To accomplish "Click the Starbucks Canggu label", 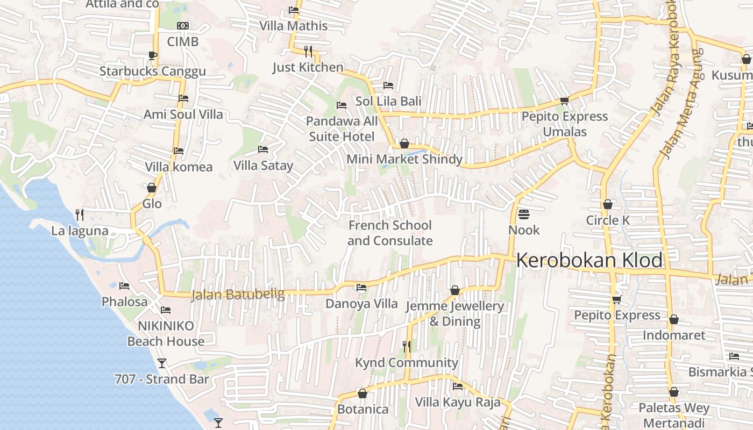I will coord(153,71).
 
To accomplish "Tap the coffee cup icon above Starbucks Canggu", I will coord(153,55).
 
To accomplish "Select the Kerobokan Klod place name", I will coord(589,261).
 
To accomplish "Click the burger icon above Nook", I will coord(524,214).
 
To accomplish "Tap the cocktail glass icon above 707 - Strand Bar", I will coord(161,363).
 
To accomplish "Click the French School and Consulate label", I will coord(390,233).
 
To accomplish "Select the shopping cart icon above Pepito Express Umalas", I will coord(564,101).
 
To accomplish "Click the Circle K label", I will coord(608,220).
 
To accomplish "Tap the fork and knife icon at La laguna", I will coord(80,215).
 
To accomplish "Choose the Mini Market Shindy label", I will coord(404,159).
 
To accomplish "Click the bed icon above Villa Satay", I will coord(263,149).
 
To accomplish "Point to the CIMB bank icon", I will coord(183,26).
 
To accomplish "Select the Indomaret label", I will coord(674,335).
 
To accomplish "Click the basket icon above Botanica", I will coord(363,393).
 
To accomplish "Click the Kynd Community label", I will coord(407,363).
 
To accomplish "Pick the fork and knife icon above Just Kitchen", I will coord(308,51).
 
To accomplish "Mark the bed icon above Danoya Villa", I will coord(361,288).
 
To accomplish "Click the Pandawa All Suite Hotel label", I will coord(342,129).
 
